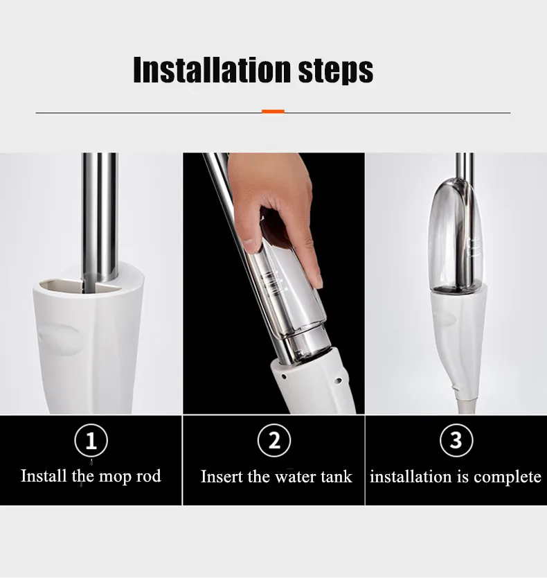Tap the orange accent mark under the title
click(x=273, y=112)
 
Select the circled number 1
click(x=91, y=441)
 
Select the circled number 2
click(x=274, y=441)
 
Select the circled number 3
click(x=456, y=441)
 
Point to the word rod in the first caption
click(x=147, y=476)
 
